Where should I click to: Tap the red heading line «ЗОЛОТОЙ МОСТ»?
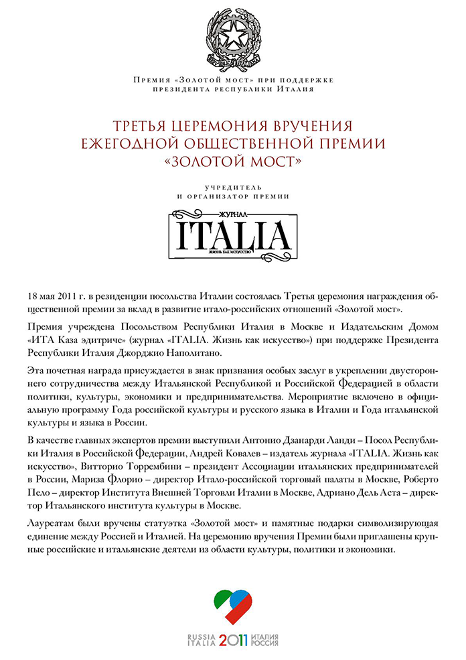point(232,161)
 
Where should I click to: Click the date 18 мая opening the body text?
point(40,297)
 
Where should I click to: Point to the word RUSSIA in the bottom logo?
point(202,636)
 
